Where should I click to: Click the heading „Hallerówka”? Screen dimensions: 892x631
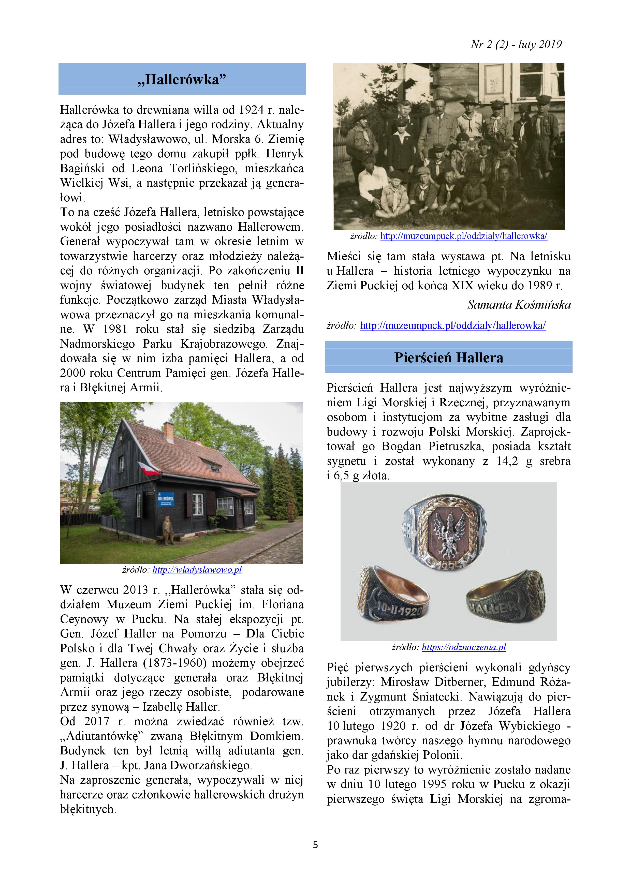pos(182,80)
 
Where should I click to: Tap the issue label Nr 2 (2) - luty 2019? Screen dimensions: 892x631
pos(516,45)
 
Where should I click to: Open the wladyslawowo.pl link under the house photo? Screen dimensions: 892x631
pos(197,570)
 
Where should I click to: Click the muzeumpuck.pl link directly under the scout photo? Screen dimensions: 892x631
pos(464,236)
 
